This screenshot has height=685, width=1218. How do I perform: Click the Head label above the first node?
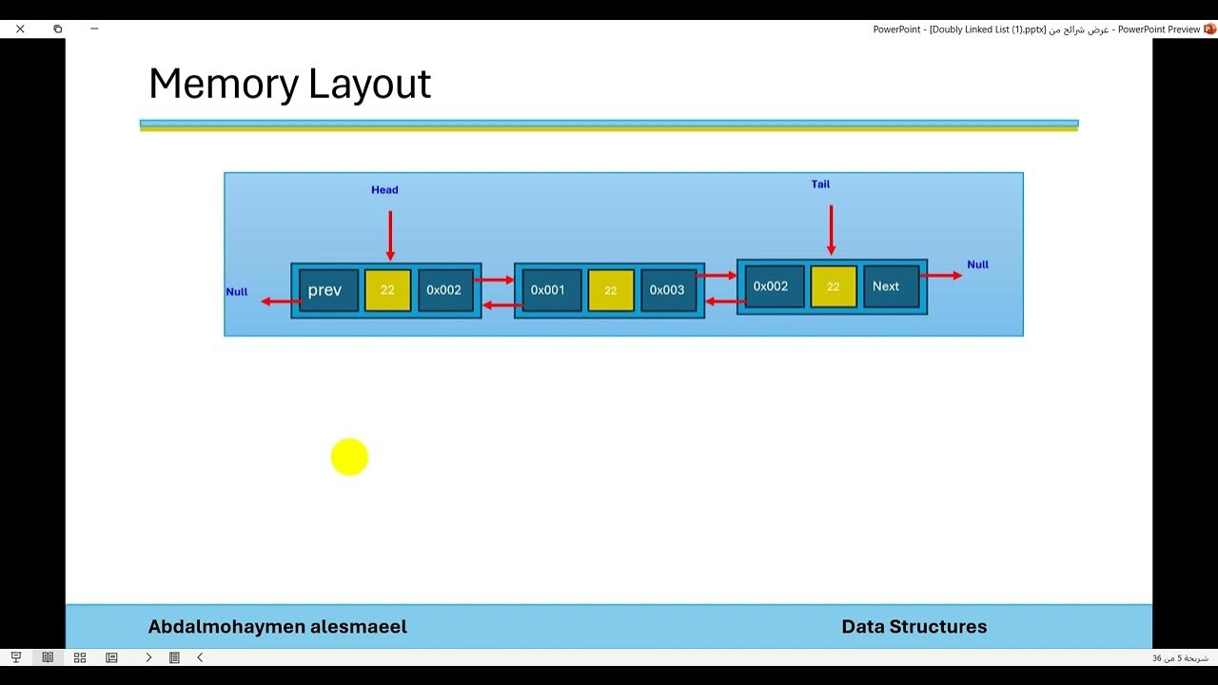(x=384, y=190)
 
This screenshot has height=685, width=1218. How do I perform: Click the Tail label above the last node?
(x=820, y=185)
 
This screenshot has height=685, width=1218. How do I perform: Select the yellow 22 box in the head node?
(x=387, y=290)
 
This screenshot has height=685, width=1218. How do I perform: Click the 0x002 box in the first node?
(x=444, y=290)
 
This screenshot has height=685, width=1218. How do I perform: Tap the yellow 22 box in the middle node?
(x=611, y=290)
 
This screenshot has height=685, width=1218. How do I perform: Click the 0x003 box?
(x=668, y=290)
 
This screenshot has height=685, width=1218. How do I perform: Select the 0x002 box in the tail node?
(x=771, y=286)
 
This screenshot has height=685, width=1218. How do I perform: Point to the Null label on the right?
(x=977, y=264)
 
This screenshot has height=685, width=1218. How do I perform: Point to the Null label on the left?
(x=237, y=292)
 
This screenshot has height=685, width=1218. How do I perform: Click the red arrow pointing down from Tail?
(x=831, y=229)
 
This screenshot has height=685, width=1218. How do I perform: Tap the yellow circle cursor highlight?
(x=349, y=458)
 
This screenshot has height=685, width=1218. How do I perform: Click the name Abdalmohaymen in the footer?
(x=225, y=627)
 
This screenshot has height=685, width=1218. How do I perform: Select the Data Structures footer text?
(x=913, y=627)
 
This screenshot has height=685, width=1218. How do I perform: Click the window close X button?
(x=20, y=29)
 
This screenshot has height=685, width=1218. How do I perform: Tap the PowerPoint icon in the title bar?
(x=1210, y=29)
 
